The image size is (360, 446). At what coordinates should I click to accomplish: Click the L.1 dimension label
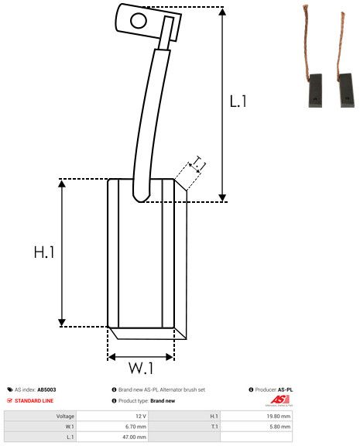(x=238, y=101)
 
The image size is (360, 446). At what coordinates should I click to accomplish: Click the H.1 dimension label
(x=44, y=252)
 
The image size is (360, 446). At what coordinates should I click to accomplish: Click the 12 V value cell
(x=140, y=416)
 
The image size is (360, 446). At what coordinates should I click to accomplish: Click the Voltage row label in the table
(x=65, y=416)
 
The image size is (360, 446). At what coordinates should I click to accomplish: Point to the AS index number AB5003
(x=46, y=389)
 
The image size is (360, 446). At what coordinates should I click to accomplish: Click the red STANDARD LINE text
(x=35, y=400)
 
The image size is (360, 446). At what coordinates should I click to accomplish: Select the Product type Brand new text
(x=163, y=400)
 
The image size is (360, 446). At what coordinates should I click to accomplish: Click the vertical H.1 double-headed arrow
(x=62, y=252)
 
